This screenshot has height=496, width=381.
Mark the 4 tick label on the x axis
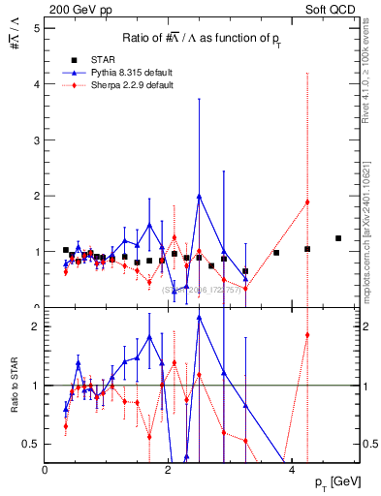pyautogui.click(x=292, y=470)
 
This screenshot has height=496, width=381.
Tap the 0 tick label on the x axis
pyautogui.click(x=46, y=470)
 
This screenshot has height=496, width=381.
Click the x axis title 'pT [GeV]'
pyautogui.click(x=335, y=482)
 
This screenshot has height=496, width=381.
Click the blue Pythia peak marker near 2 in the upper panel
pyautogui.click(x=199, y=196)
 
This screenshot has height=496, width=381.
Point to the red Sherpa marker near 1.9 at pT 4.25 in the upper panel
pyautogui.click(x=307, y=201)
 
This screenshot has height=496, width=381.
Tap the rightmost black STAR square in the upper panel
pyautogui.click(x=338, y=238)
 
